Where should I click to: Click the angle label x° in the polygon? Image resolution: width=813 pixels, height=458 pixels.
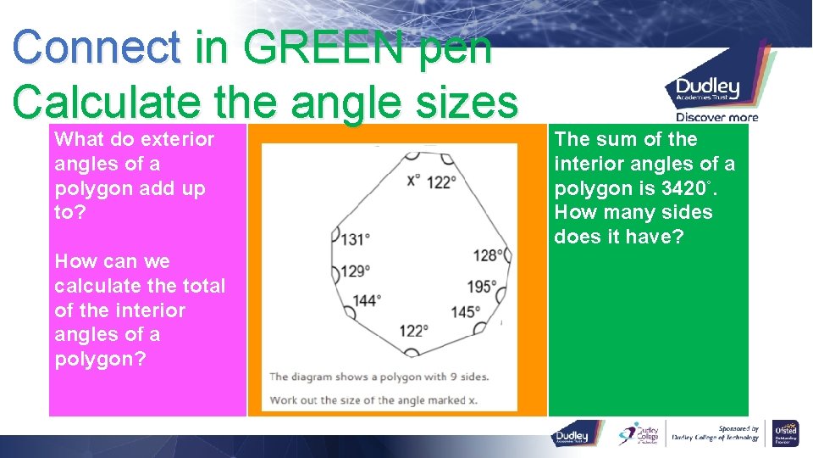(413, 181)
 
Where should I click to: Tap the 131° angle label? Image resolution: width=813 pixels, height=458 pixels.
(355, 240)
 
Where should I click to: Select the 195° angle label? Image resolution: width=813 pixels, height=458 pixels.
(483, 287)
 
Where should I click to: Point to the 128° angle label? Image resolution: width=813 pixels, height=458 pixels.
(489, 255)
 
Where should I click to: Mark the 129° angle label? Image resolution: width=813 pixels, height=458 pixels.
(355, 271)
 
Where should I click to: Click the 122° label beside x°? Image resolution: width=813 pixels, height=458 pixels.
(441, 181)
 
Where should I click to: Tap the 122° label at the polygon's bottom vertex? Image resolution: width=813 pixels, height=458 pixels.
(414, 331)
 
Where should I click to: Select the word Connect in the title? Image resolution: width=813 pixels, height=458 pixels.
(97, 47)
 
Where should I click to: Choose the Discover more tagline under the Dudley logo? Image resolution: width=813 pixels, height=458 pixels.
(716, 117)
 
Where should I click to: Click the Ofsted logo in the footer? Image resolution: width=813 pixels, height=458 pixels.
(785, 433)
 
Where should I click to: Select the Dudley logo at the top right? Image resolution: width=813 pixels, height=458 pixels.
(708, 87)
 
